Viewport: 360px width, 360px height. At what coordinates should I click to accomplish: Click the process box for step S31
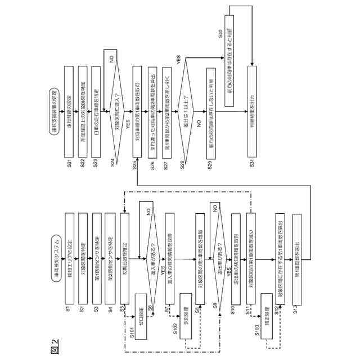click(249, 105)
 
